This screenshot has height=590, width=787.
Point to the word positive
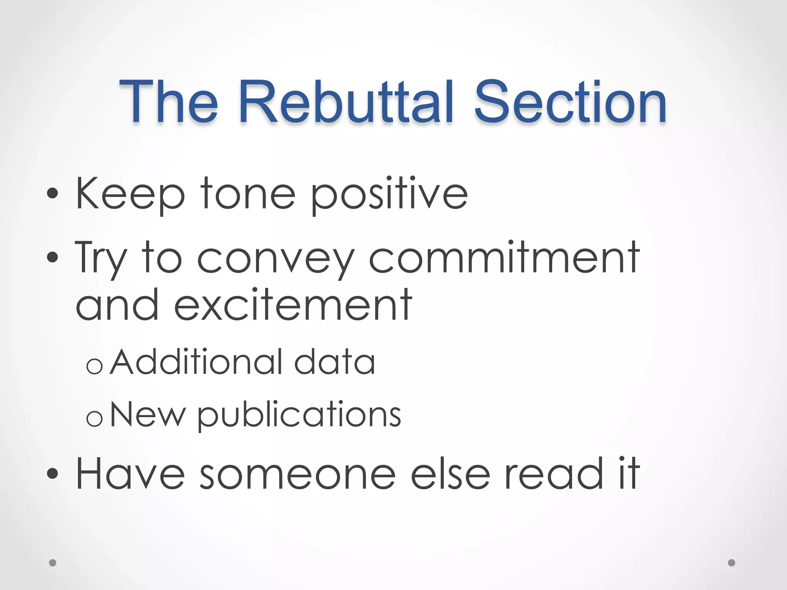(389, 195)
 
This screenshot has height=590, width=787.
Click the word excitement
(293, 305)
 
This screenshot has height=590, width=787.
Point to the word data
(334, 362)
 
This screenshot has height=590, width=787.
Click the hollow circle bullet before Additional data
(95, 366)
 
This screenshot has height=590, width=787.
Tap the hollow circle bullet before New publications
(95, 418)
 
